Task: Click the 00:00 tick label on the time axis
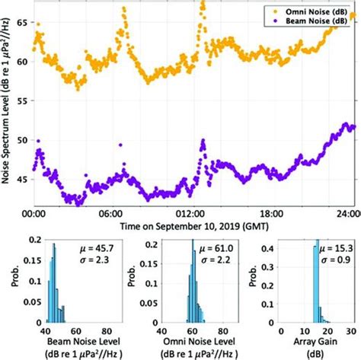(x=32, y=215)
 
